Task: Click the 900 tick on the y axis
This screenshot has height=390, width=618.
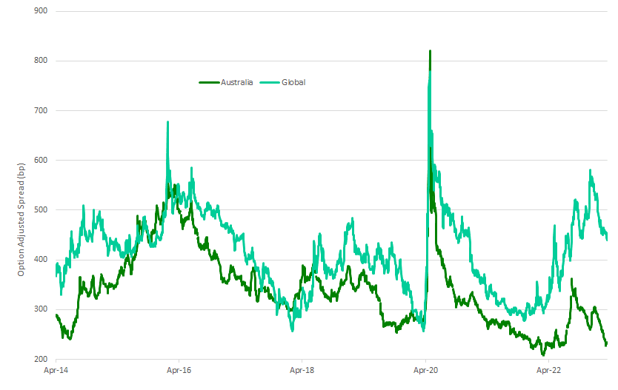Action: (x=40, y=11)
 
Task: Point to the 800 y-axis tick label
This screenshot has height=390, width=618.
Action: (x=40, y=61)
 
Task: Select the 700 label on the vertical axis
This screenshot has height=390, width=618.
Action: (x=40, y=110)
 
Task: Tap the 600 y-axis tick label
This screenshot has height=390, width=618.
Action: (x=40, y=160)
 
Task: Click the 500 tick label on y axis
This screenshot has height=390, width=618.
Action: (x=40, y=209)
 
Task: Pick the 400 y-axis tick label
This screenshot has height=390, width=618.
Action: (x=40, y=260)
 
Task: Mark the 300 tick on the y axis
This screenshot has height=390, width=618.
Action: (x=40, y=309)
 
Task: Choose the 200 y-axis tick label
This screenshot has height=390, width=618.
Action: (x=40, y=359)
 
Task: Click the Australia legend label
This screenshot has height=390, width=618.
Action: (x=237, y=82)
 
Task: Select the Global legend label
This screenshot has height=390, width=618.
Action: (x=293, y=82)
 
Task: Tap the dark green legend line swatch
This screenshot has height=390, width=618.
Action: (x=209, y=82)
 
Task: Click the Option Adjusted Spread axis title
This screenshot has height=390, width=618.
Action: (x=22, y=222)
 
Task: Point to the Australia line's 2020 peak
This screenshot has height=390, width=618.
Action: (x=430, y=51)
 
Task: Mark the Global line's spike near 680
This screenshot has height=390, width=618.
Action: (x=167, y=122)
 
